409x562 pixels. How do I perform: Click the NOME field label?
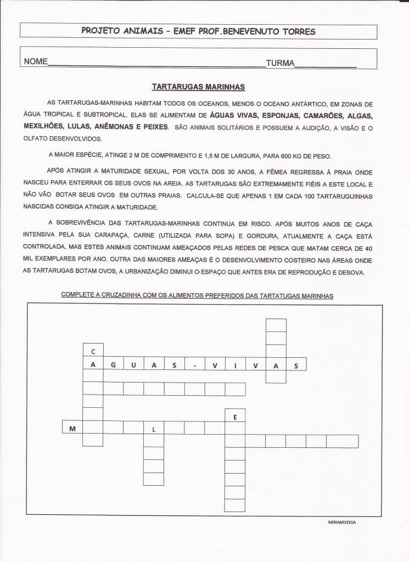point(36,62)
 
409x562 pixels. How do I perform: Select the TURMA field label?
point(280,63)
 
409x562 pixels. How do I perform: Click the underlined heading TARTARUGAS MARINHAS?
point(198,87)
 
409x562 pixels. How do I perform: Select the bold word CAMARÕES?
point(323,116)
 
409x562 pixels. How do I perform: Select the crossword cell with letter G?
point(113,364)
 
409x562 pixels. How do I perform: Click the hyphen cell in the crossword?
point(194,364)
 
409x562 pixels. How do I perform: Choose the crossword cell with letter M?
point(72,428)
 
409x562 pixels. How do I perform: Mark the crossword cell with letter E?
point(235,415)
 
